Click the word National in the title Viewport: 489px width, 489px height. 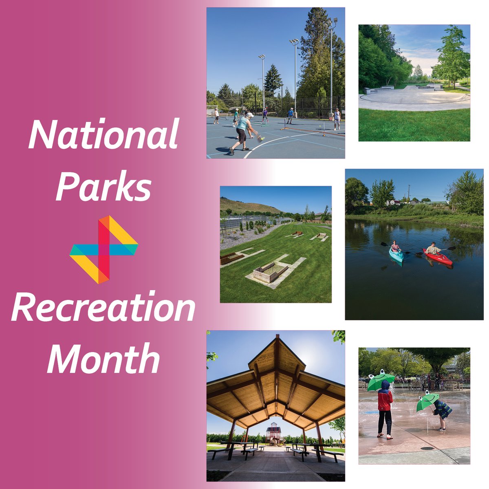[x=104, y=134]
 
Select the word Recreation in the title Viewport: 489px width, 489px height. [x=104, y=307]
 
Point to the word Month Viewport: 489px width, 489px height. [x=104, y=359]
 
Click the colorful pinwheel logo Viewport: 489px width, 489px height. [x=104, y=249]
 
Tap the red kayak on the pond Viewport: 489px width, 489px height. [x=438, y=257]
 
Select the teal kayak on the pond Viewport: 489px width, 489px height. [x=396, y=256]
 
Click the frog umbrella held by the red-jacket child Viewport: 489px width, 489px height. [x=381, y=380]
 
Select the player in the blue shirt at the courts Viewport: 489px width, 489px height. [x=290, y=115]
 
